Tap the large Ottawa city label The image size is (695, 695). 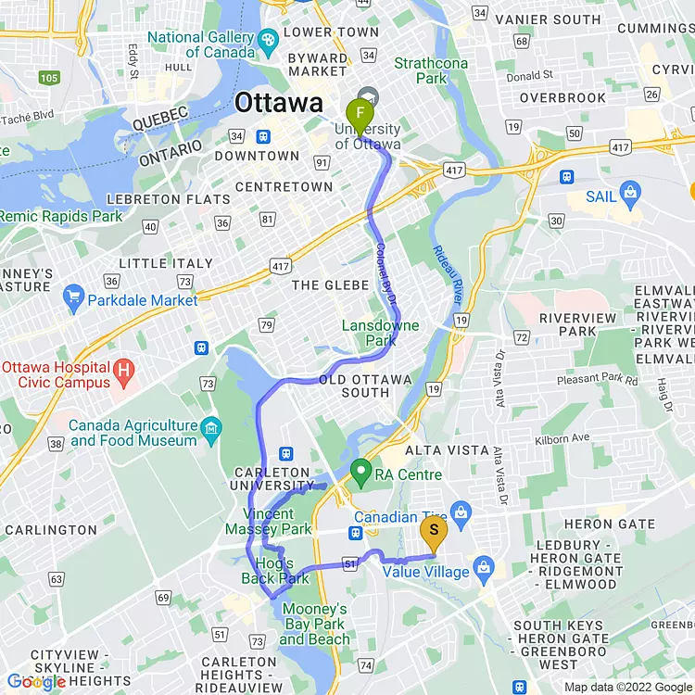click(279, 103)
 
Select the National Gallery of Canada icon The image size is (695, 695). click(268, 40)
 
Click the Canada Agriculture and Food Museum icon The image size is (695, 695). click(212, 427)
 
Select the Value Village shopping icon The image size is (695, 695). click(482, 565)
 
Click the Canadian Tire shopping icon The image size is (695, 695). click(461, 512)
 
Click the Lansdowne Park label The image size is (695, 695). click(380, 333)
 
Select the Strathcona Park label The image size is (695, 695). click(431, 70)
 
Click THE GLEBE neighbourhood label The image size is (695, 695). click(331, 285)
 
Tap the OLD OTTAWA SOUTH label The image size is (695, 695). click(354, 385)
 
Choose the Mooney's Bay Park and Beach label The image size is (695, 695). click(315, 624)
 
